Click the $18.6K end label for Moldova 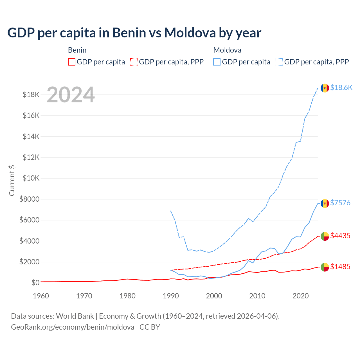click(341, 87)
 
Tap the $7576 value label click(340, 203)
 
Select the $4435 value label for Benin click(340, 236)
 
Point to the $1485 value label click(340, 267)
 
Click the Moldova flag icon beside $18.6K click(325, 88)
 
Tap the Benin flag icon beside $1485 click(325, 267)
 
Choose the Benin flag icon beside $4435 click(325, 236)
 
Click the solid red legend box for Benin click(72, 62)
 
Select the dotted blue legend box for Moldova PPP click(279, 62)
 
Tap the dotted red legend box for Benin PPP click(134, 62)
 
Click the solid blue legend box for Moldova click(217, 62)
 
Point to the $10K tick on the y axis click(31, 178)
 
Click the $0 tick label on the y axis click(35, 282)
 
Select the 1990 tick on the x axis click(171, 296)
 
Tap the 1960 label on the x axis click(41, 296)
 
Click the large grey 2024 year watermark click(71, 95)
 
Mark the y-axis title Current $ click(12, 181)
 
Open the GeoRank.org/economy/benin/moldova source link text click(73, 327)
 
